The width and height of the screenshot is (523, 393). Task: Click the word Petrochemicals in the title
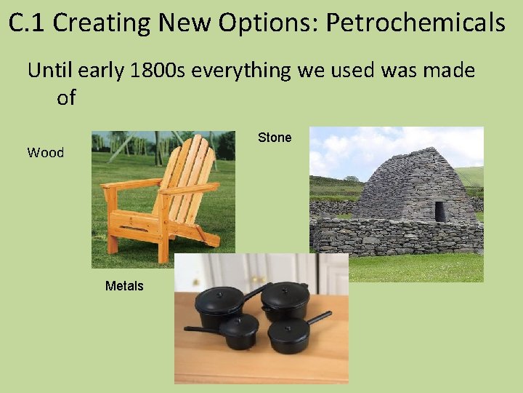[415, 23]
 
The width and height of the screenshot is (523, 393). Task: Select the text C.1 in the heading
[28, 23]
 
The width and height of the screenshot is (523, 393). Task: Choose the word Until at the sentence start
[52, 71]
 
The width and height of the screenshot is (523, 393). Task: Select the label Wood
[46, 153]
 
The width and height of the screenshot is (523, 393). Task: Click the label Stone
[275, 138]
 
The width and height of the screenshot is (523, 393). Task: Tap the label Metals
[124, 286]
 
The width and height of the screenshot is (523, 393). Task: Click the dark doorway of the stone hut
[440, 211]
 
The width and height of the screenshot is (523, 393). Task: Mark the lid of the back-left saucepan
[219, 297]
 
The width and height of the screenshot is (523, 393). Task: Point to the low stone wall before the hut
[396, 237]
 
